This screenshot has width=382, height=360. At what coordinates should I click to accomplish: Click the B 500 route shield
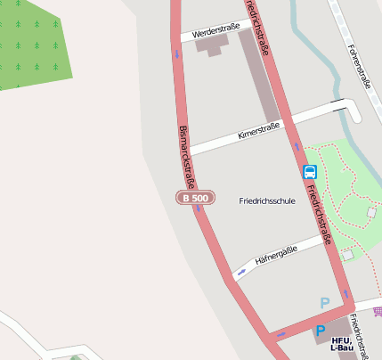(x=193, y=197)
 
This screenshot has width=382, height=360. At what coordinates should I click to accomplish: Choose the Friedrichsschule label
(x=267, y=201)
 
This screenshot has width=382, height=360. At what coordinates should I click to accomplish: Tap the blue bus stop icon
(x=309, y=172)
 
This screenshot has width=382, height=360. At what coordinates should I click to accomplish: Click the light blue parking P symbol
(x=325, y=303)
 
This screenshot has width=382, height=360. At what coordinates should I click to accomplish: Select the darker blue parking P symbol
(x=320, y=331)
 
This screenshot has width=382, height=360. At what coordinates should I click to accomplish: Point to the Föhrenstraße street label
(x=359, y=67)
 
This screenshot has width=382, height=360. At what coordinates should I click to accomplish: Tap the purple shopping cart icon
(x=378, y=311)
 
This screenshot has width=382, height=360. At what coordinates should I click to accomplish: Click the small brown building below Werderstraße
(x=213, y=45)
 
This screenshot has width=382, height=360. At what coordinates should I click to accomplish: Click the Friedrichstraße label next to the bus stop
(x=319, y=214)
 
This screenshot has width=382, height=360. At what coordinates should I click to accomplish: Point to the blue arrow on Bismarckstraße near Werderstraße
(x=176, y=53)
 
